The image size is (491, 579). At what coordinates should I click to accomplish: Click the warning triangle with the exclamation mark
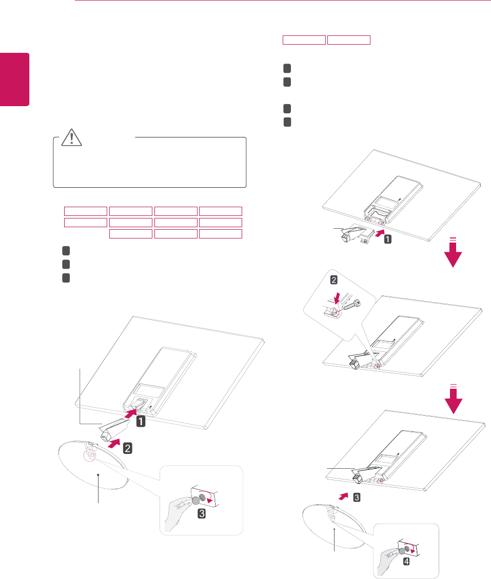pos(72,137)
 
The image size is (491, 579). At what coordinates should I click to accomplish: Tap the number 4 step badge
pos(406,561)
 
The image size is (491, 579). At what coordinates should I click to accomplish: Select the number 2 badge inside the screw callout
pos(333,280)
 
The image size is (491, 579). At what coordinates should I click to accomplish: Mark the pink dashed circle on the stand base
pos(89,456)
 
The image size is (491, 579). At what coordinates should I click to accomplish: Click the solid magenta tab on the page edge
pos(14,79)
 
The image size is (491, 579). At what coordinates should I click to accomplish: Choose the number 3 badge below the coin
pos(201,513)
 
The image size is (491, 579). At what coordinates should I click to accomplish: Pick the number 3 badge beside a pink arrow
pos(357,497)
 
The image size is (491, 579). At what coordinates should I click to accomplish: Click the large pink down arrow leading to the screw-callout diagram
pos(453,252)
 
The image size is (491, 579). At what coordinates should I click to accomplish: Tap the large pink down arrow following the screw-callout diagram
pos(454,399)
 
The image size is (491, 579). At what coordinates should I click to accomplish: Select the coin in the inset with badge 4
pos(402,551)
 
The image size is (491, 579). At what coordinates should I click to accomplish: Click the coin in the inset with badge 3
pos(197,501)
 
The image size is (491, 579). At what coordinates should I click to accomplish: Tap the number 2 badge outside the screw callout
pos(127,448)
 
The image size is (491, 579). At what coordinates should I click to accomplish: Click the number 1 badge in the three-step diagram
pos(141,422)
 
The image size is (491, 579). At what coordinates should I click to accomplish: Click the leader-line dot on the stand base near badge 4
pos(335,529)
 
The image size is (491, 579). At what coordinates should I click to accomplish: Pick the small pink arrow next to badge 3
pos(344,496)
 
